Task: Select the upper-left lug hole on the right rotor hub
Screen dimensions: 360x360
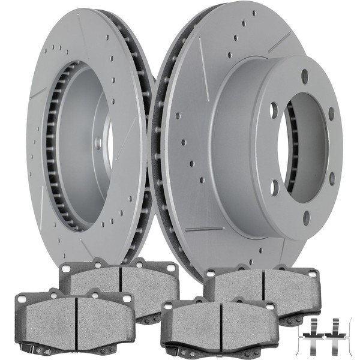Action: tap(274, 110)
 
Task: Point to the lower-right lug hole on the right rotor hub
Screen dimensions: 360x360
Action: tap(332, 178)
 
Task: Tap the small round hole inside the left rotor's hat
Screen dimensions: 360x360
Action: tap(98, 143)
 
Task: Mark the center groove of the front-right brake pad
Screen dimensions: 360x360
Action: tap(221, 324)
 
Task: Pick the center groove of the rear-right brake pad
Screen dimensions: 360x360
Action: tap(264, 286)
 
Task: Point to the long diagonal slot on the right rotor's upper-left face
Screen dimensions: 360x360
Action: tap(203, 60)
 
